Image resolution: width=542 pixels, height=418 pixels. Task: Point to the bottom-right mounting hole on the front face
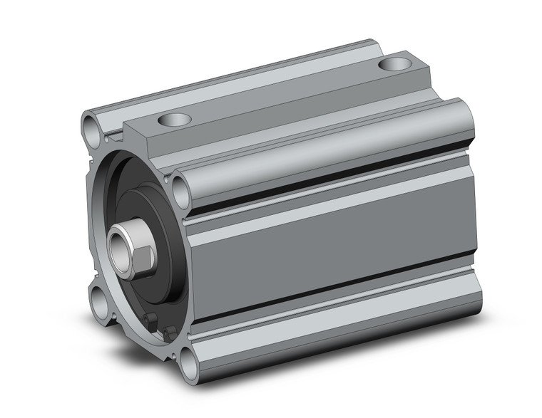pos(187,367)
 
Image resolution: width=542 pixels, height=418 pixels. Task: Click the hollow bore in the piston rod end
pos(117,246)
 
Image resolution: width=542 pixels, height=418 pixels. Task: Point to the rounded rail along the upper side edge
pos(321,153)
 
